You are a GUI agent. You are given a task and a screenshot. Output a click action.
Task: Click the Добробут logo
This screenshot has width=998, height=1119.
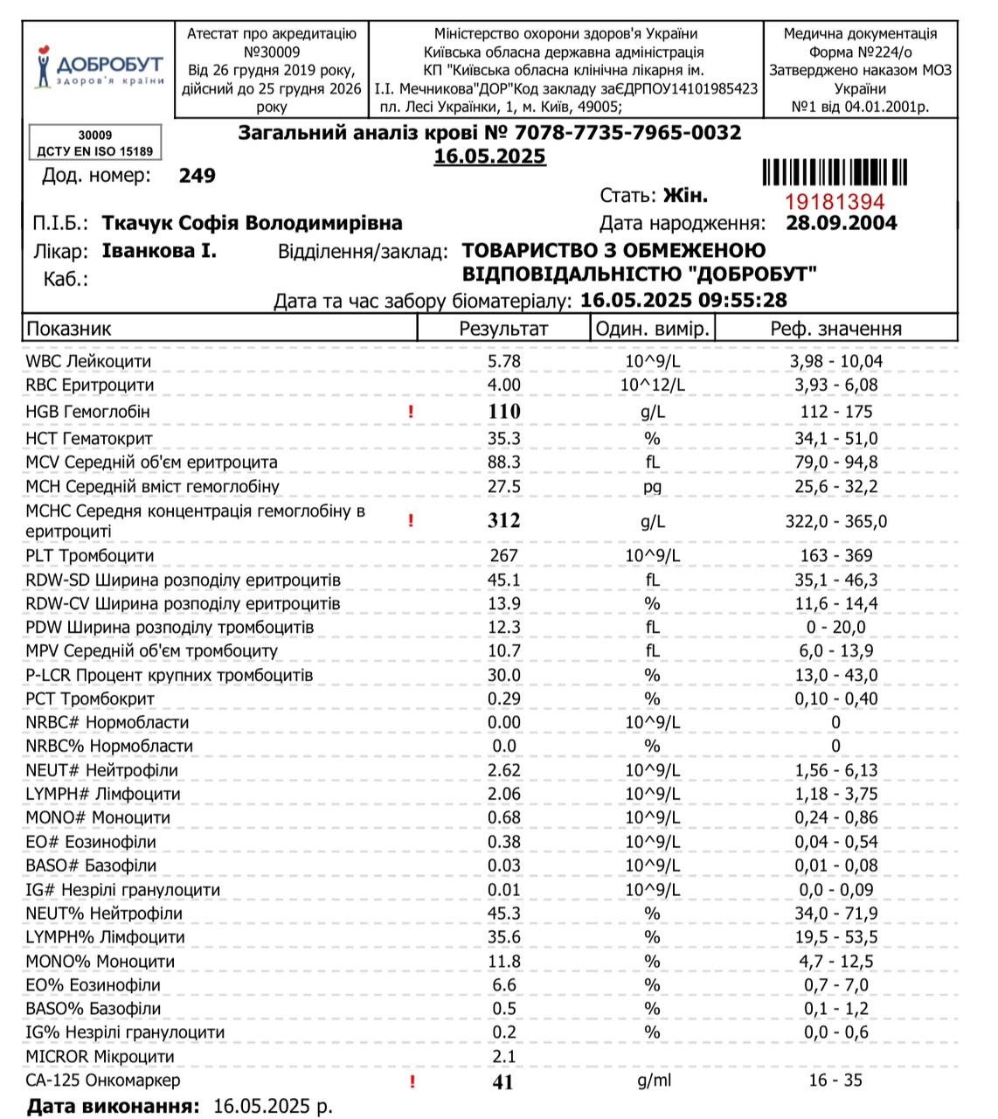pyautogui.click(x=99, y=67)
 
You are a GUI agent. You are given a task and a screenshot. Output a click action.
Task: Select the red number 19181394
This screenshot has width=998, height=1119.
pyautogui.click(x=835, y=202)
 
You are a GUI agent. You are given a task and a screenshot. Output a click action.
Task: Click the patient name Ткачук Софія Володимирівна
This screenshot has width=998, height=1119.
pyautogui.click(x=253, y=223)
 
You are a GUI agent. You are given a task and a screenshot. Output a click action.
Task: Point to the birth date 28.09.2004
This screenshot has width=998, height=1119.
pyautogui.click(x=841, y=223)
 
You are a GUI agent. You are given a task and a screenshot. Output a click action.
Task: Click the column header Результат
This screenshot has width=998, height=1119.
pyautogui.click(x=503, y=329)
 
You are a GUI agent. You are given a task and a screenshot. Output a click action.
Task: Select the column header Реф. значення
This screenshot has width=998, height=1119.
pyautogui.click(x=835, y=329)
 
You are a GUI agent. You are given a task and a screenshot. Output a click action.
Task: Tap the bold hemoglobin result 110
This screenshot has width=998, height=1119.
pyautogui.click(x=503, y=412)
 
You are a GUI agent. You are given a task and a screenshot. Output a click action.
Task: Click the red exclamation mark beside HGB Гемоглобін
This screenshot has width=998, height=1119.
pyautogui.click(x=412, y=412)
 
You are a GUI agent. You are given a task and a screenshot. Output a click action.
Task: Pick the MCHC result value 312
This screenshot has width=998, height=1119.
pyautogui.click(x=503, y=521)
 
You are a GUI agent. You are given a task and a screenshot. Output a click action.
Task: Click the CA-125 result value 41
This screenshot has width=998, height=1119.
pyautogui.click(x=503, y=1081)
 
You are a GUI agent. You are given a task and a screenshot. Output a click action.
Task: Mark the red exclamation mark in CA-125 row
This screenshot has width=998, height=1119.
pyautogui.click(x=412, y=1082)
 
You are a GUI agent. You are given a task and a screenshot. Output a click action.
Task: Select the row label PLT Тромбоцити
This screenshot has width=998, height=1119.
pyautogui.click(x=89, y=556)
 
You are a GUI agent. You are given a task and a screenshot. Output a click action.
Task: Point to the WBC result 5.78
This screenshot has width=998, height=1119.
pyautogui.click(x=503, y=361)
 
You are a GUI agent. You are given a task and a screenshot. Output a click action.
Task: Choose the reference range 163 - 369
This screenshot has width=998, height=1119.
pyautogui.click(x=835, y=556)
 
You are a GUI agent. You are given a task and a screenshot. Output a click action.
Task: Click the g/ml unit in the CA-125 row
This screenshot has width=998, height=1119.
pyautogui.click(x=652, y=1081)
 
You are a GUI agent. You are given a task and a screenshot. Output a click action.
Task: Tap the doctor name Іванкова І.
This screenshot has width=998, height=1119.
pyautogui.click(x=159, y=252)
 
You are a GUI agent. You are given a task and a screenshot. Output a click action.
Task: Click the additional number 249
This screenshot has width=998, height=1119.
pyautogui.click(x=197, y=176)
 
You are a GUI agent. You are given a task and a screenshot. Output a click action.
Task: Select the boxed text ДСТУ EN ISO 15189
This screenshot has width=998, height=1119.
pyautogui.click(x=94, y=151)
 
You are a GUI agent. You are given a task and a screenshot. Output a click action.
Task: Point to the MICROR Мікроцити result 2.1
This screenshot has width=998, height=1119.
pyautogui.click(x=503, y=1057)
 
